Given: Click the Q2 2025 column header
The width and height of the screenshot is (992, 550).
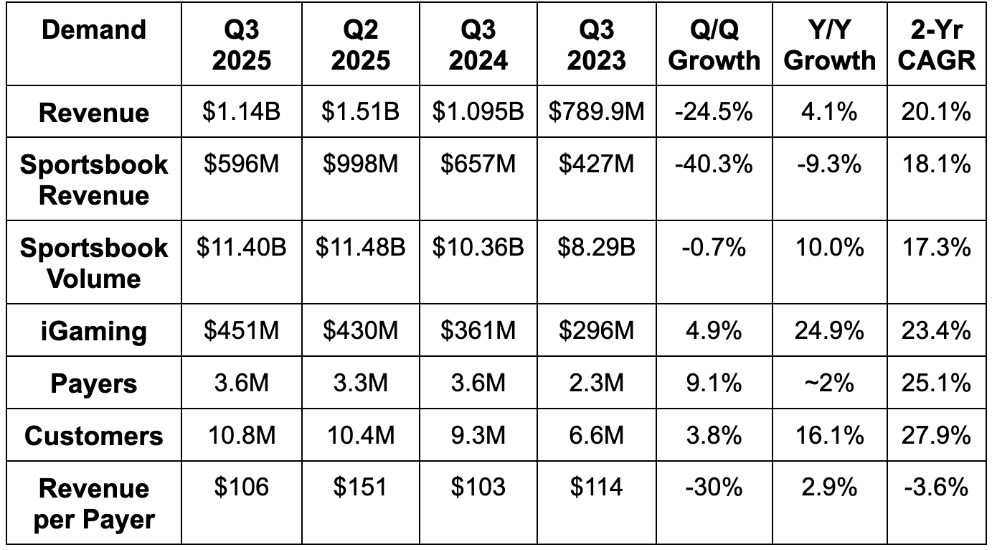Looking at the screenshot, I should pos(360,45).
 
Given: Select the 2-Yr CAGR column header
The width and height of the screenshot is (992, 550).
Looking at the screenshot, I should pos(937,45).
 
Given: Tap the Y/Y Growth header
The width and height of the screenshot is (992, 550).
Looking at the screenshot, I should pos(829,45).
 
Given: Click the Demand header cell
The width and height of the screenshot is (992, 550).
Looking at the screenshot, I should pos(94,29).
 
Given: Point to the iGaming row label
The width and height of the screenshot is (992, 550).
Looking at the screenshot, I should pos(94,331).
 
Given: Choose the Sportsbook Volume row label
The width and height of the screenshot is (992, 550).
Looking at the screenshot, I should pos(94,262).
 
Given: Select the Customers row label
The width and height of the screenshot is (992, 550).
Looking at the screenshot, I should pos(94,436).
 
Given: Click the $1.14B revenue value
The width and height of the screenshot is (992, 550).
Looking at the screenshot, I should pos(241,111).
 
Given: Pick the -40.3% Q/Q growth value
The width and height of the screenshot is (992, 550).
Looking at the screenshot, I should pos(714,164).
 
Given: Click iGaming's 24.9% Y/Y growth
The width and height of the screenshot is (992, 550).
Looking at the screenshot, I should pos(829,331).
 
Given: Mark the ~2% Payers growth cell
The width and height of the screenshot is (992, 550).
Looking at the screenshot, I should pos(829,383).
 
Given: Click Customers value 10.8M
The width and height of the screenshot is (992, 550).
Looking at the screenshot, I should pos(241,436).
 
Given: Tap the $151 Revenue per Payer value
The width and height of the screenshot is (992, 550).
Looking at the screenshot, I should pos(360,488).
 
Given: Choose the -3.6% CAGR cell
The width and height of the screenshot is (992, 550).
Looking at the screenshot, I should pos(937,488).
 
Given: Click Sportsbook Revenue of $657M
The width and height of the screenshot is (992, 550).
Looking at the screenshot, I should pos(478,164).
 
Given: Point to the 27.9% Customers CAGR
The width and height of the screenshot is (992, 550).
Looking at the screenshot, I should pos(937,436).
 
